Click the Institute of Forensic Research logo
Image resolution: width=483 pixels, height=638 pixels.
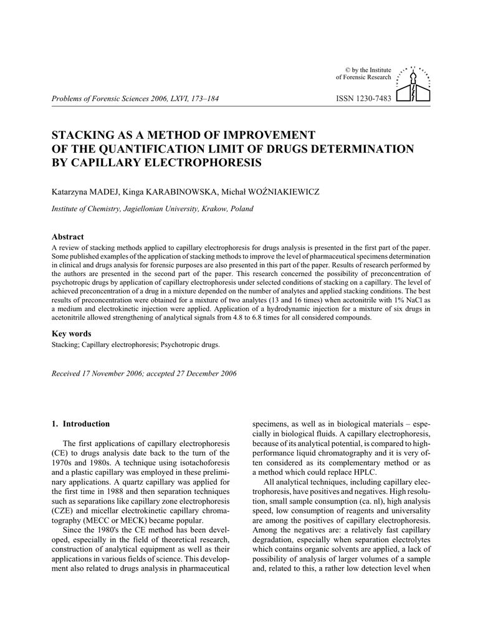(416, 84)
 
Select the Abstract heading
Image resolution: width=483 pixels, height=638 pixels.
(67, 237)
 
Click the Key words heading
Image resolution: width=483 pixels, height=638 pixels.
(71, 333)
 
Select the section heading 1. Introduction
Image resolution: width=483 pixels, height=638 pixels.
(80, 424)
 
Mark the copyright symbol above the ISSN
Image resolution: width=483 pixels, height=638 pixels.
(347, 69)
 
